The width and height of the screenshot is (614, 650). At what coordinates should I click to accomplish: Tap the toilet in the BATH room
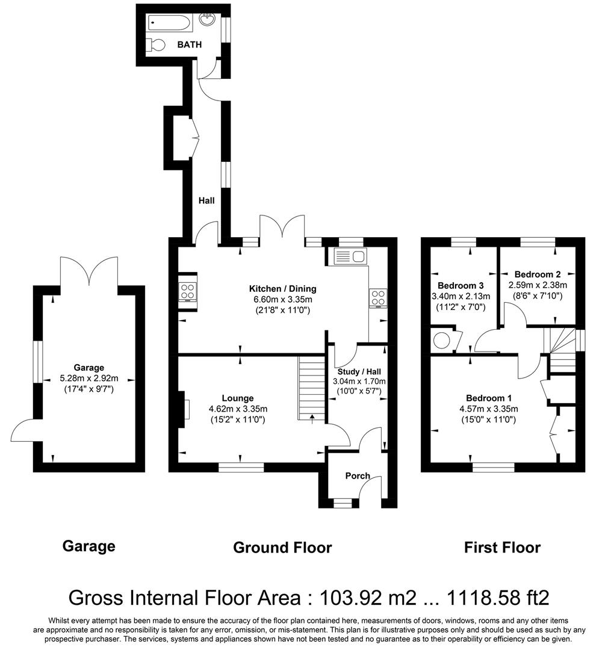point(155,44)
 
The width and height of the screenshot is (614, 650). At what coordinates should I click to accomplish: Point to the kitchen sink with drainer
point(349,257)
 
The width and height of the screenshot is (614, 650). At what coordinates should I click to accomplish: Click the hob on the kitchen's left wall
point(187,292)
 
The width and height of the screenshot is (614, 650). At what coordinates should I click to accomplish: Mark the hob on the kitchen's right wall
point(378,298)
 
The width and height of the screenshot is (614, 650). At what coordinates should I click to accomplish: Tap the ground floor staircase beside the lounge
point(311,388)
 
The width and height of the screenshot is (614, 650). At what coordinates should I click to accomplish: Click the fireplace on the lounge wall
point(183,409)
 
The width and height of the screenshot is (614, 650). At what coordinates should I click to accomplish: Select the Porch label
point(358,475)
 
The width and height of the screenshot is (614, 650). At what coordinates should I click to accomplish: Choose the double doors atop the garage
point(89,271)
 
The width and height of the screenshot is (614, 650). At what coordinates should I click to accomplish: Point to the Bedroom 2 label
point(530,274)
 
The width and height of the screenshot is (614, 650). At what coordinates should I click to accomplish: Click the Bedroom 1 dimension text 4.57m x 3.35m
point(488,409)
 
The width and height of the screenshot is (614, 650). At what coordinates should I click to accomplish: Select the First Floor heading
point(502,547)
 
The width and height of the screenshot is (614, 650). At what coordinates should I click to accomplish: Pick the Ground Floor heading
point(282,547)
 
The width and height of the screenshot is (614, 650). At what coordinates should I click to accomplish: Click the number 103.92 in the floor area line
point(348,598)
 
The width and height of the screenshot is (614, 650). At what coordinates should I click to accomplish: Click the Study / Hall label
point(359,371)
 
